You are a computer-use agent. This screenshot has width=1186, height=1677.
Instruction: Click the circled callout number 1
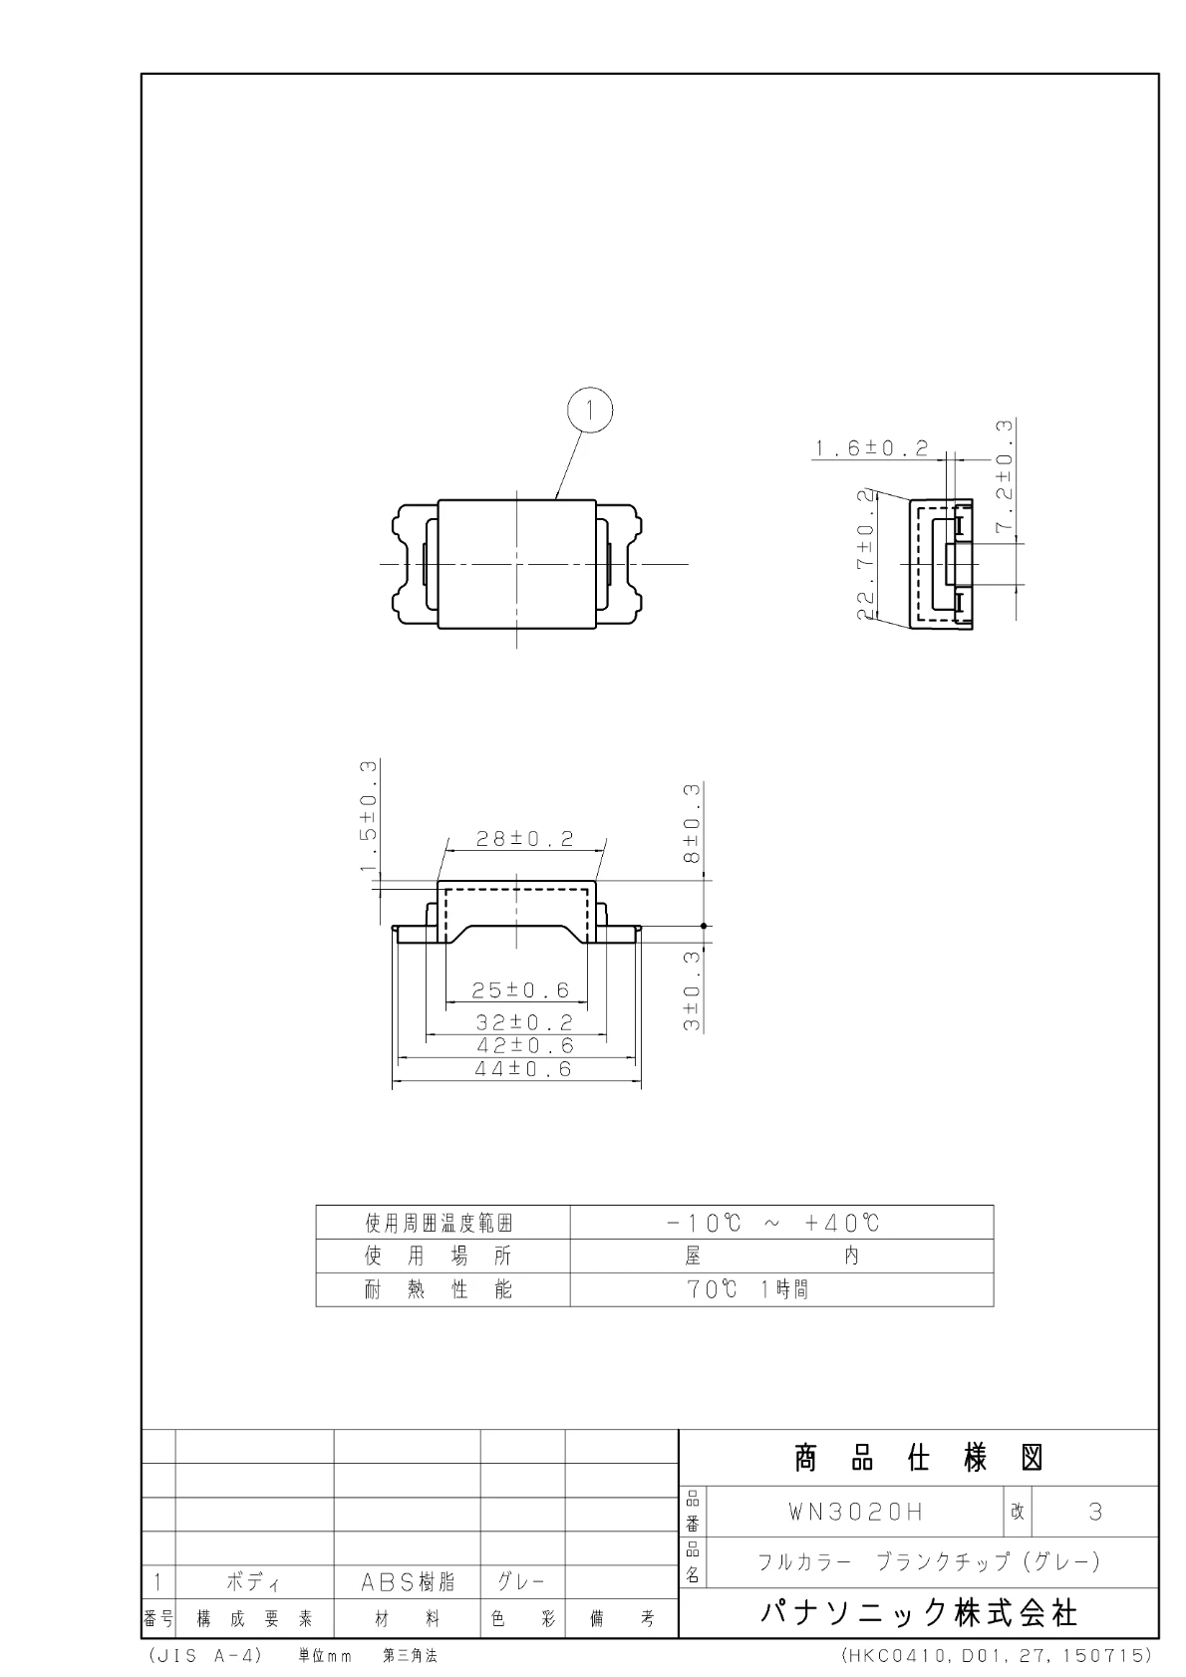(x=590, y=411)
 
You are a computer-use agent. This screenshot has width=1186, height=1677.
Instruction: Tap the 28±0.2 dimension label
(x=525, y=839)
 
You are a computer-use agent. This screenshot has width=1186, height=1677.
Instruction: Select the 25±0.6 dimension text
(x=520, y=989)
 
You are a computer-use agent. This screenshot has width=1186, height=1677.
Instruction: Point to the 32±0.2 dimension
(x=524, y=1022)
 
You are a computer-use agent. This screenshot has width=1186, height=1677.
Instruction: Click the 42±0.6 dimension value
(x=524, y=1045)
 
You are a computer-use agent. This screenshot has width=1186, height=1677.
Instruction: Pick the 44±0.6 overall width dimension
(x=523, y=1069)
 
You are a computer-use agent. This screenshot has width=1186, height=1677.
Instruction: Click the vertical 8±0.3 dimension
(x=692, y=823)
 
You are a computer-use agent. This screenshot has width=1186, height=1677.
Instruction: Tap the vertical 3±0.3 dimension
(x=692, y=990)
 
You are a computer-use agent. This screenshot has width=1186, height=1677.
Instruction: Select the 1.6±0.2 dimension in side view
(x=871, y=447)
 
